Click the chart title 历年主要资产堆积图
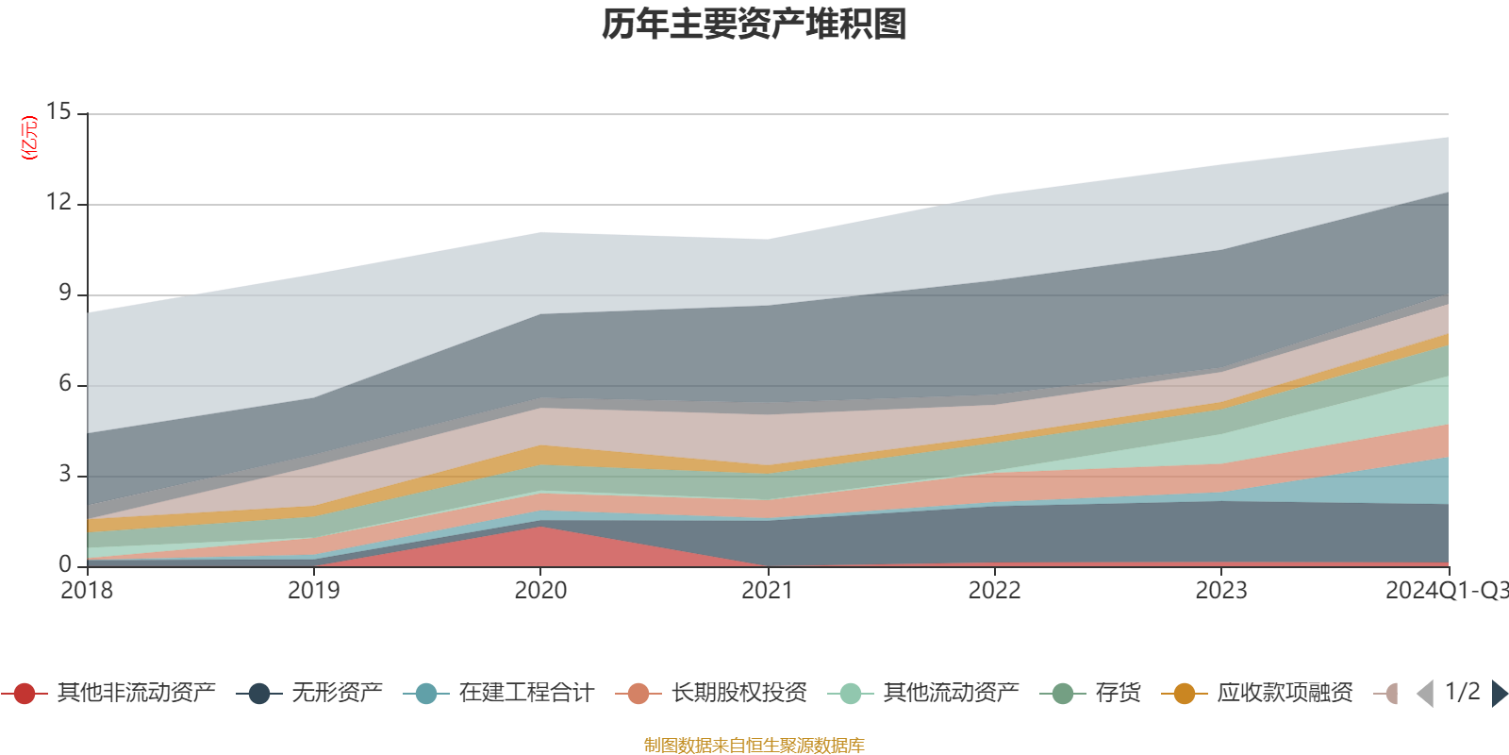[x=754, y=25]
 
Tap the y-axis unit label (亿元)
[x=29, y=138]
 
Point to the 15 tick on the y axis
[x=58, y=112]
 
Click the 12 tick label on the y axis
[x=58, y=203]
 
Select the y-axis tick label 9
[x=65, y=294]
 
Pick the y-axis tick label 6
[x=65, y=384]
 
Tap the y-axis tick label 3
[x=65, y=475]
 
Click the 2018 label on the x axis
[x=87, y=591]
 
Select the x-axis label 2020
[x=540, y=591]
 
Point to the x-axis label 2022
[x=994, y=591]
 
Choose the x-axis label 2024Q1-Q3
[x=1445, y=591]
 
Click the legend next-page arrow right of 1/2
[x=1499, y=694]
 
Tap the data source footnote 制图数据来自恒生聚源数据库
[x=754, y=746]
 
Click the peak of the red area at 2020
[x=540, y=528]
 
